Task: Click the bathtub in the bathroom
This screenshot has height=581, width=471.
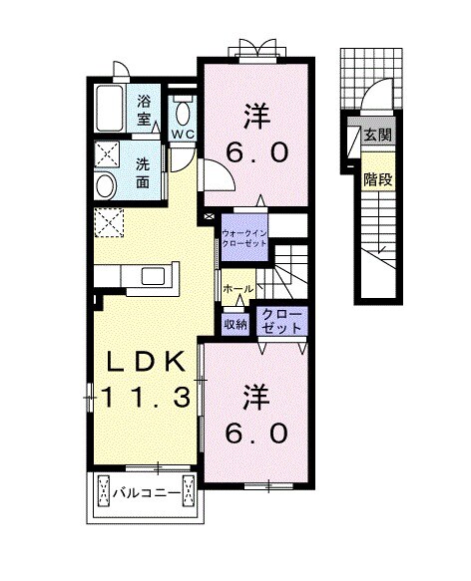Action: (110, 109)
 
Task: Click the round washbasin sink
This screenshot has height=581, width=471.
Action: (105, 184)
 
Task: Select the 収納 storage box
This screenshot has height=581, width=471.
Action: (235, 323)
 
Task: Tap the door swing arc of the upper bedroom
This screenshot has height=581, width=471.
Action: (219, 174)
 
